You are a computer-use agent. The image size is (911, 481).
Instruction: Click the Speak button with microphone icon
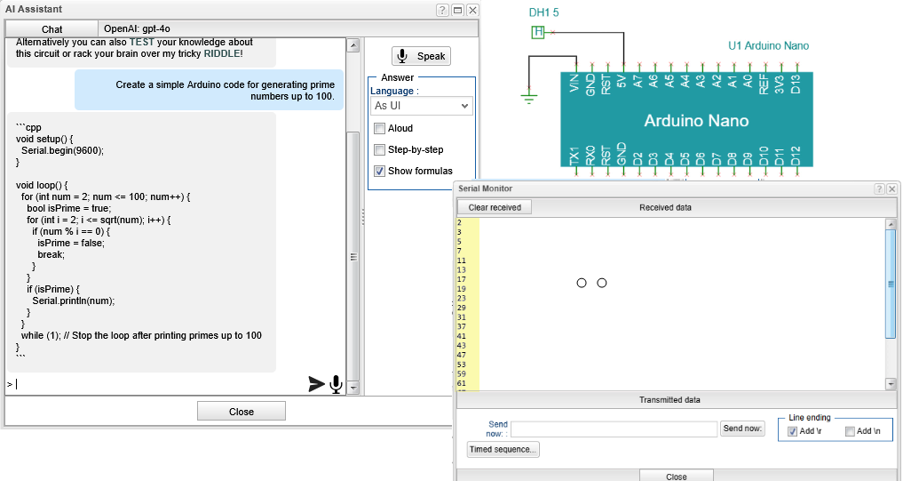pos(421,56)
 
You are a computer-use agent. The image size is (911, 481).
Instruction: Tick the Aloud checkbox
pos(379,128)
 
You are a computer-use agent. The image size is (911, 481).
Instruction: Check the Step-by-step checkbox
pos(379,149)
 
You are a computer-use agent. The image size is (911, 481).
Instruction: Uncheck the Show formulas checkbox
pos(379,171)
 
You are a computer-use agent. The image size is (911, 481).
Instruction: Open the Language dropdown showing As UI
pos(421,106)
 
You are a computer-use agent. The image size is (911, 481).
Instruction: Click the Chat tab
pos(51,29)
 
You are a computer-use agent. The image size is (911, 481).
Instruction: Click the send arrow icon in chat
pos(316,384)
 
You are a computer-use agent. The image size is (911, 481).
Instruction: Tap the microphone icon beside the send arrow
pos(336,384)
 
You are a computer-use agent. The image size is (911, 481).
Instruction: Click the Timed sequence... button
pos(503,450)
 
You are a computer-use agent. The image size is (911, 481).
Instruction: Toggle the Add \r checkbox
pos(793,431)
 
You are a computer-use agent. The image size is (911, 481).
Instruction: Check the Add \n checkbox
pos(850,431)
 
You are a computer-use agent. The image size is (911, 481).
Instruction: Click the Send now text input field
pos(614,429)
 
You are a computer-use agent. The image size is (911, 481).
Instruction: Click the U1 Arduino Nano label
pos(768,45)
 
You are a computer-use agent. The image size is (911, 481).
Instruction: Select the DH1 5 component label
pos(543,12)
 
